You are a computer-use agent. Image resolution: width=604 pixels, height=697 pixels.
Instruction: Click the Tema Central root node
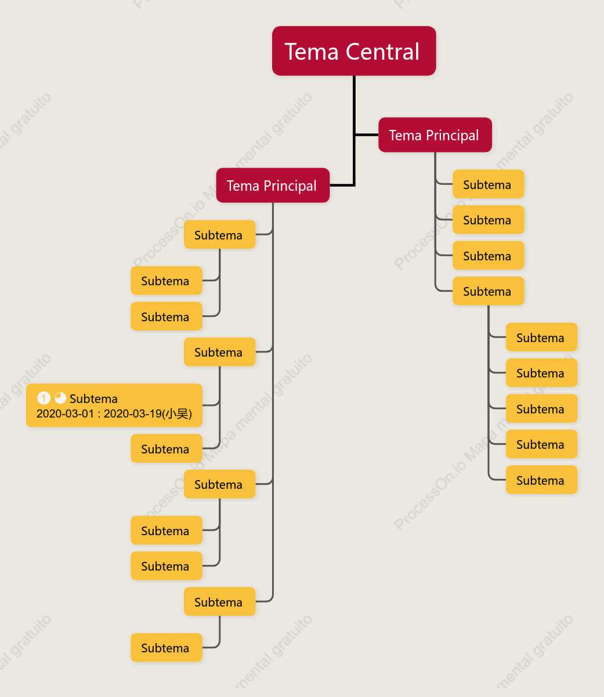pyautogui.click(x=354, y=51)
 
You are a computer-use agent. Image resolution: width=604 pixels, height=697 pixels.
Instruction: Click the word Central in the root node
pyautogui.click(x=382, y=52)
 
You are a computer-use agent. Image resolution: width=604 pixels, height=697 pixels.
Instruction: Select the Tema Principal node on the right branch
pyautogui.click(x=435, y=135)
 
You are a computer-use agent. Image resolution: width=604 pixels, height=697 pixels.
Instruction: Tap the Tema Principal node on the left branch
pyautogui.click(x=273, y=186)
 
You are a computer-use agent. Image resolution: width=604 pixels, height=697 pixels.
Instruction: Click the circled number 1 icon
pyautogui.click(x=44, y=398)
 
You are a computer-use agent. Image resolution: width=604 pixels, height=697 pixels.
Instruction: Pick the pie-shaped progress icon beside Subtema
pyautogui.click(x=60, y=398)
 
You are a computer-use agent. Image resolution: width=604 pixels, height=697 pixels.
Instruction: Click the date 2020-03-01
pyautogui.click(x=65, y=413)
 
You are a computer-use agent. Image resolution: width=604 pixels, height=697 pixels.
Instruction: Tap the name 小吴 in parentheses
pyautogui.click(x=177, y=413)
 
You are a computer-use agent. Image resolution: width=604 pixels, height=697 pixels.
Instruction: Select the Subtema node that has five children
pyautogui.click(x=489, y=291)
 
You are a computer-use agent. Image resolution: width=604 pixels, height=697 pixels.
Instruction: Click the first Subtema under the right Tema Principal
pyautogui.click(x=489, y=184)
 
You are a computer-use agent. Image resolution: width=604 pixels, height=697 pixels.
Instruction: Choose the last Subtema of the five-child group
pyautogui.click(x=541, y=480)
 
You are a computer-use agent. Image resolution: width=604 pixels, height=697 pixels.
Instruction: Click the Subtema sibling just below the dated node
pyautogui.click(x=167, y=448)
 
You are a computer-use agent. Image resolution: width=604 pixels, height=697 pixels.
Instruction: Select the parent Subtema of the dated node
pyautogui.click(x=220, y=352)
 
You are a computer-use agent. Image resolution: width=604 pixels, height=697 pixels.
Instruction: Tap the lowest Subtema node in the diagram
pyautogui.click(x=167, y=648)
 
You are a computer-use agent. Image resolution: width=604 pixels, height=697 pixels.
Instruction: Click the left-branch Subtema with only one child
pyautogui.click(x=220, y=601)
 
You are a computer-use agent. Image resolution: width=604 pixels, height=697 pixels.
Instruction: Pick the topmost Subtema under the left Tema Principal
pyautogui.click(x=220, y=234)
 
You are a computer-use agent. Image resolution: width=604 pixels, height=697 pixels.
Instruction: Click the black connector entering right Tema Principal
pyautogui.click(x=367, y=135)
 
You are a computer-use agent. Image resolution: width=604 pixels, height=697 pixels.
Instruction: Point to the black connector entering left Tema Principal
pyautogui.click(x=342, y=186)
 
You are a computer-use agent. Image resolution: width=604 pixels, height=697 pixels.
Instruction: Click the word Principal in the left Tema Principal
pyautogui.click(x=290, y=186)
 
